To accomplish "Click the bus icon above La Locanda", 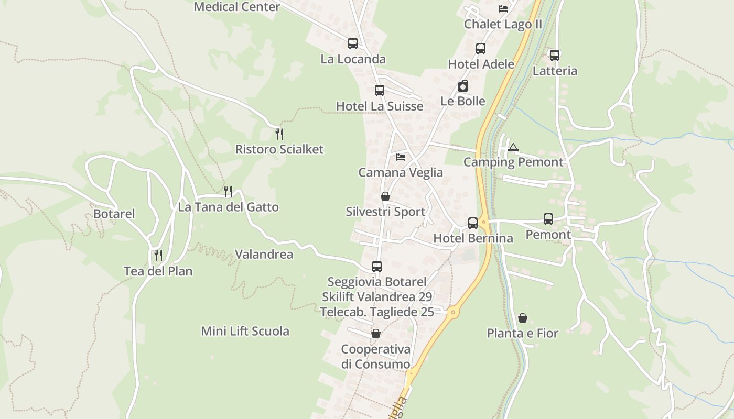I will pos(352,43).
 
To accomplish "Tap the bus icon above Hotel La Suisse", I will pos(380,91).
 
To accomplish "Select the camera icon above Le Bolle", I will pos(463,86).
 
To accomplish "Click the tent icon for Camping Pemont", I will pos(513,147).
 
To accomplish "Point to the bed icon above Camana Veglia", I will pos(401,157).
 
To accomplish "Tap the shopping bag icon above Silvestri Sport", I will pos(385,196).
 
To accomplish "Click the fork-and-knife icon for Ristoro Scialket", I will pos(279,134).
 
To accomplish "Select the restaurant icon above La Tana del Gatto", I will pos(228,192).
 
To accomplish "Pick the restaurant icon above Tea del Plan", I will pos(158,256).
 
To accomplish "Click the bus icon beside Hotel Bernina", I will pos(472,223).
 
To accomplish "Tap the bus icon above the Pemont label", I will pos(548,219).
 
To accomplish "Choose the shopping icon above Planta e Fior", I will pos(523,318).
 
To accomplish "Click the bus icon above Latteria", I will pos(555,55).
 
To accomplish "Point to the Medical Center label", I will pos(237,7).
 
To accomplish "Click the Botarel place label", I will pos(114,214).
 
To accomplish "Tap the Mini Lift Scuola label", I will pos(245,331).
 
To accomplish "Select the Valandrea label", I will pos(264,255).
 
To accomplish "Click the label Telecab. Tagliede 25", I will pos(377,312).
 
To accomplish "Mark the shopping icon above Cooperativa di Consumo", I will pos(376,334).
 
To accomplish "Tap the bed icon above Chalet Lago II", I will pos(503,9).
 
